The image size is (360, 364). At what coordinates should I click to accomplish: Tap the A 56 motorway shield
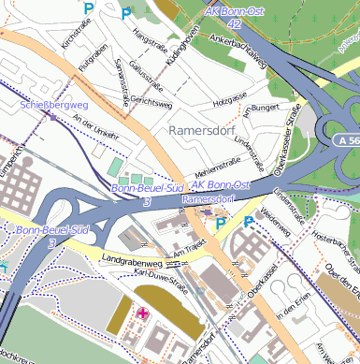coord(345,139)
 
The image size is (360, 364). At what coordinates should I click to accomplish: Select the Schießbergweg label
coord(53,105)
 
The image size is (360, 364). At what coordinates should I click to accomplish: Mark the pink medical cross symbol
coord(142,313)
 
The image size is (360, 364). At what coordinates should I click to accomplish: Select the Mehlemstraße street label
coord(218,167)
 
